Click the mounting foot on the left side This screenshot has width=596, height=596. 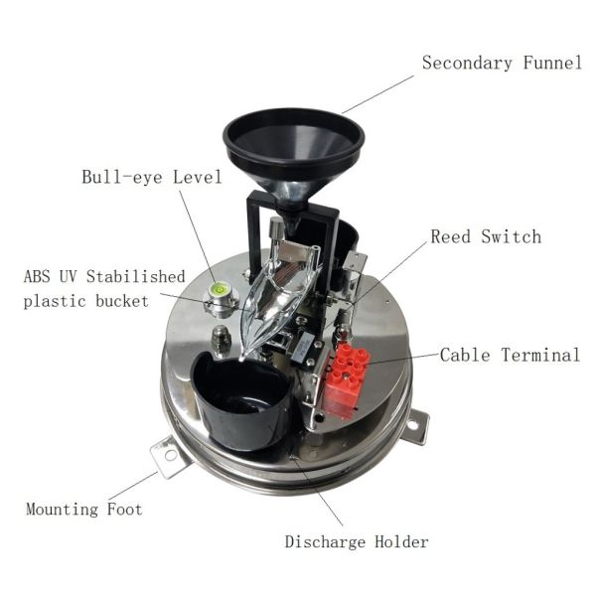(169, 456)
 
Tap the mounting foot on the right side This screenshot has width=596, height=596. (415, 424)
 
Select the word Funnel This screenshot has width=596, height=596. (550, 63)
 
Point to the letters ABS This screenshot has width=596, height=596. (37, 275)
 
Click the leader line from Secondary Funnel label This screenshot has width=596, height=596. (377, 94)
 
